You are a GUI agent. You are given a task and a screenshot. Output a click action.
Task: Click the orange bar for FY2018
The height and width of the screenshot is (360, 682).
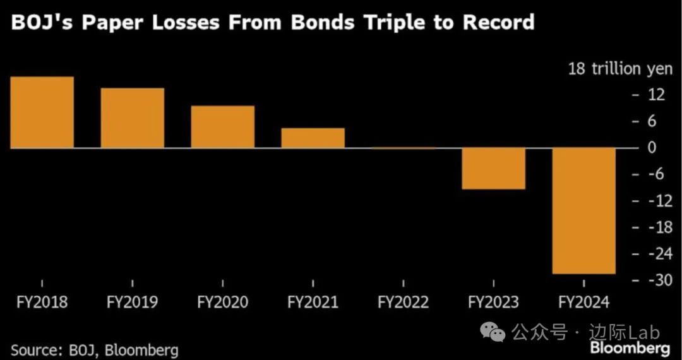coord(42,112)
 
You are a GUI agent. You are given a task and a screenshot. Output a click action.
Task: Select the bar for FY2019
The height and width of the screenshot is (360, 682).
coord(132,118)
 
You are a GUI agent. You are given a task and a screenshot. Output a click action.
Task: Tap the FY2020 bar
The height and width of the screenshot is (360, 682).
coord(223,127)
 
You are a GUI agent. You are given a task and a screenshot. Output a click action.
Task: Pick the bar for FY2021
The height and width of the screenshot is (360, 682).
coord(313,138)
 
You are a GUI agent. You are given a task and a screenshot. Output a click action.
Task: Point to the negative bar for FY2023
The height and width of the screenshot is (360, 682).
coord(493,168)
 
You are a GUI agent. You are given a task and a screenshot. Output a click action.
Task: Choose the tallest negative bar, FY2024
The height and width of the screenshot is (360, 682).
coord(583,210)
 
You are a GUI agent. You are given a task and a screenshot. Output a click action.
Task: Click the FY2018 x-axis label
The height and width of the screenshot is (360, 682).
coord(42,303)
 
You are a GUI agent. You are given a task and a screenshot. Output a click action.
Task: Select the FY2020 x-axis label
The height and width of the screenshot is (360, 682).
coord(223,303)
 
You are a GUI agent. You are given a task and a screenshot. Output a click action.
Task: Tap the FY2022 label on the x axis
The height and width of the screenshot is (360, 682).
coord(403,303)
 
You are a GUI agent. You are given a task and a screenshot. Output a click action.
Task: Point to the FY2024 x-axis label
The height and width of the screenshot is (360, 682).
coord(583,303)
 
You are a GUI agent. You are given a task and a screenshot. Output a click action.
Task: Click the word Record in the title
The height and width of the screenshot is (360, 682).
coord(499,22)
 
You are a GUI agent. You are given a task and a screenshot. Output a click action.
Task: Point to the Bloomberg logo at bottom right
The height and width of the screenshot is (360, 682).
coord(630,348)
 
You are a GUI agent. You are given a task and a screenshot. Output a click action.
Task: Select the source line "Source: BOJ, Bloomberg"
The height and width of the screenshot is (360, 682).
coord(95,349)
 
